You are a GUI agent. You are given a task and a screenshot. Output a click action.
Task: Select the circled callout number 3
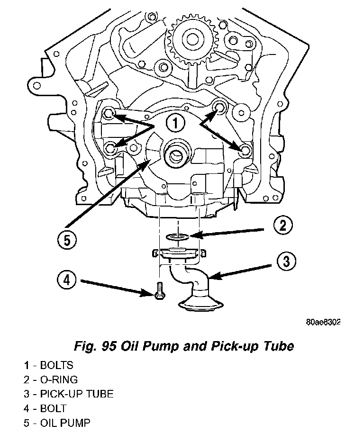click(x=286, y=261)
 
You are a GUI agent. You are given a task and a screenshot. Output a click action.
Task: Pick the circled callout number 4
click(x=67, y=280)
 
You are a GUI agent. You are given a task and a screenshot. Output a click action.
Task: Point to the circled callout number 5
click(x=67, y=240)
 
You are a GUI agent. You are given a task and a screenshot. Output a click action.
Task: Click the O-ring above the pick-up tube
click(x=177, y=236)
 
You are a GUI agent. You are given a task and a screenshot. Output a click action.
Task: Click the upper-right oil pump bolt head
click(x=220, y=107)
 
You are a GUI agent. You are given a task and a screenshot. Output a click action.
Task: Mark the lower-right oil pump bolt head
click(x=245, y=150)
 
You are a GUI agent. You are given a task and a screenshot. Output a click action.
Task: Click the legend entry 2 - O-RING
click(x=51, y=379)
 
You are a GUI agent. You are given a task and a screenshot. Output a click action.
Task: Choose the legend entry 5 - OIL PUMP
click(x=57, y=422)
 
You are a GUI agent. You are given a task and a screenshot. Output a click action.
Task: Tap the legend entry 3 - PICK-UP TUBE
click(x=69, y=394)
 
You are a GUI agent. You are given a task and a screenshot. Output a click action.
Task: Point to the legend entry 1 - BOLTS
click(x=49, y=365)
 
